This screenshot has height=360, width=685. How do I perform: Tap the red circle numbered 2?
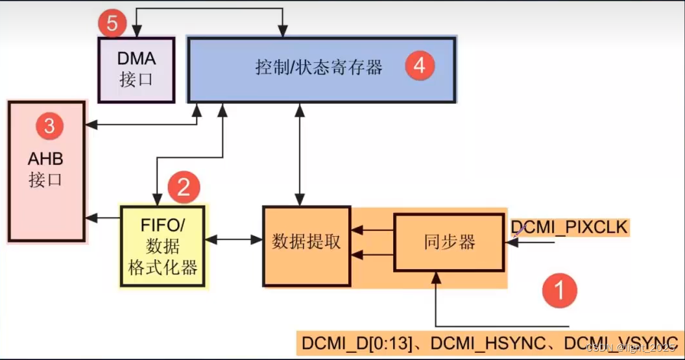[x=184, y=187]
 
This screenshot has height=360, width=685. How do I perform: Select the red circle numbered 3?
[x=49, y=126]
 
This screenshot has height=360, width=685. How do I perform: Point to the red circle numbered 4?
[x=419, y=66]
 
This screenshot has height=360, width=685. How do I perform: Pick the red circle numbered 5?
[x=112, y=25]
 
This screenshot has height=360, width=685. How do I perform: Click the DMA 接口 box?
[x=136, y=69]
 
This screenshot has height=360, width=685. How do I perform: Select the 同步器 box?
[x=450, y=243]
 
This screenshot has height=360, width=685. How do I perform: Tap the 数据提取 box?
[x=306, y=246]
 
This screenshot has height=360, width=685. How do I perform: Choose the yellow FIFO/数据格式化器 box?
[x=162, y=246]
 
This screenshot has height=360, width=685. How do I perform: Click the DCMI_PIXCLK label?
[x=569, y=228]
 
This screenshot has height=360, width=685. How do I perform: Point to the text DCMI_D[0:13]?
[x=356, y=343]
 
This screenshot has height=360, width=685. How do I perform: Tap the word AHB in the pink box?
[x=45, y=160]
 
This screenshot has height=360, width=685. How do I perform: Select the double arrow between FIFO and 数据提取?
[x=234, y=240]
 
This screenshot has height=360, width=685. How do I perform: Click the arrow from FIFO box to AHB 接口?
[x=104, y=217]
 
